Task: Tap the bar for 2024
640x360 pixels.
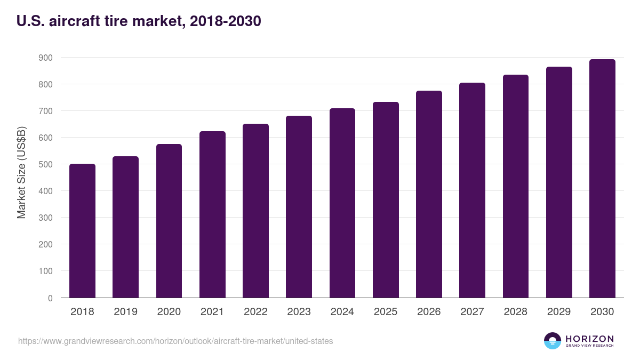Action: [x=342, y=203]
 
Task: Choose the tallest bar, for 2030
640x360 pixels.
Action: [x=602, y=178]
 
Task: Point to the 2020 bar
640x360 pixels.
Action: [x=169, y=221]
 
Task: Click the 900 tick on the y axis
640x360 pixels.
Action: [x=46, y=58]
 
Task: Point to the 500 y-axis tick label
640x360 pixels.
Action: [x=46, y=164]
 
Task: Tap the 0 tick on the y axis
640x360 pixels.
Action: [x=50, y=298]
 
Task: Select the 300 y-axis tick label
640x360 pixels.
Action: [x=46, y=218]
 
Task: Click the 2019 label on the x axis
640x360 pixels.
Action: [x=125, y=312]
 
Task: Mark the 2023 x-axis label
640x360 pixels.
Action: [x=299, y=312]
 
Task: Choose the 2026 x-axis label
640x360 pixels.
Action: [x=429, y=312]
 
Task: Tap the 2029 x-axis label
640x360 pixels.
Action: [x=559, y=312]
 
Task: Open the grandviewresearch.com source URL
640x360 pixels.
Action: [x=175, y=341]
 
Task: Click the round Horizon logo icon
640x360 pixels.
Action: [x=553, y=341]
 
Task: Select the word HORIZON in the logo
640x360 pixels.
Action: [x=589, y=338]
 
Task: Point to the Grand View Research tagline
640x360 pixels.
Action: [x=589, y=346]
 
